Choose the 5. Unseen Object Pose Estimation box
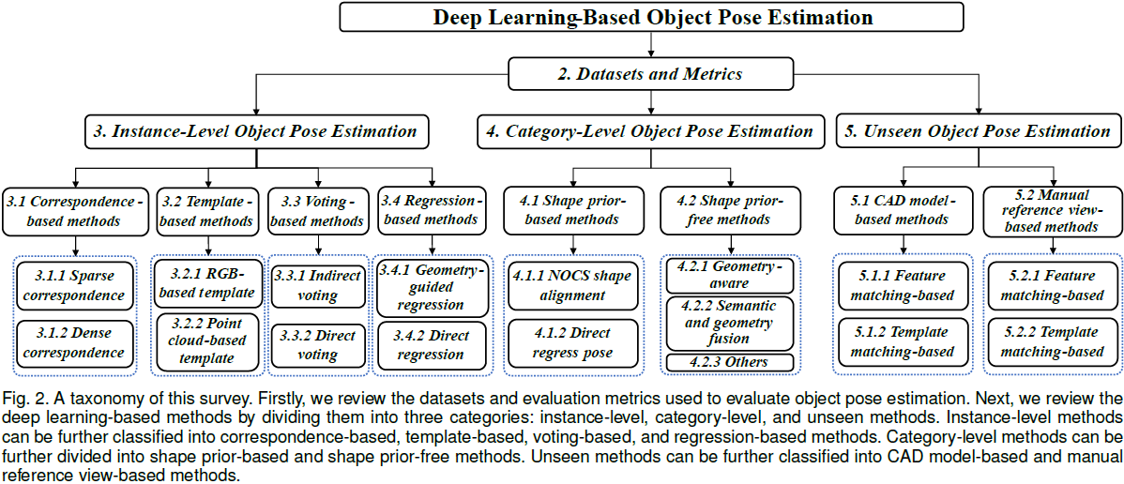tap(977, 131)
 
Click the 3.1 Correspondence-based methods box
tap(75, 211)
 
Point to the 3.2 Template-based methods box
tap(206, 211)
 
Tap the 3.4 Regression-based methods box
tap(432, 211)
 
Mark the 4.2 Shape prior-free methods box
tap(728, 210)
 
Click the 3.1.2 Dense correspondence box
tap(74, 343)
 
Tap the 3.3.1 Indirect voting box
tap(318, 285)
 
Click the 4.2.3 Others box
tap(728, 362)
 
